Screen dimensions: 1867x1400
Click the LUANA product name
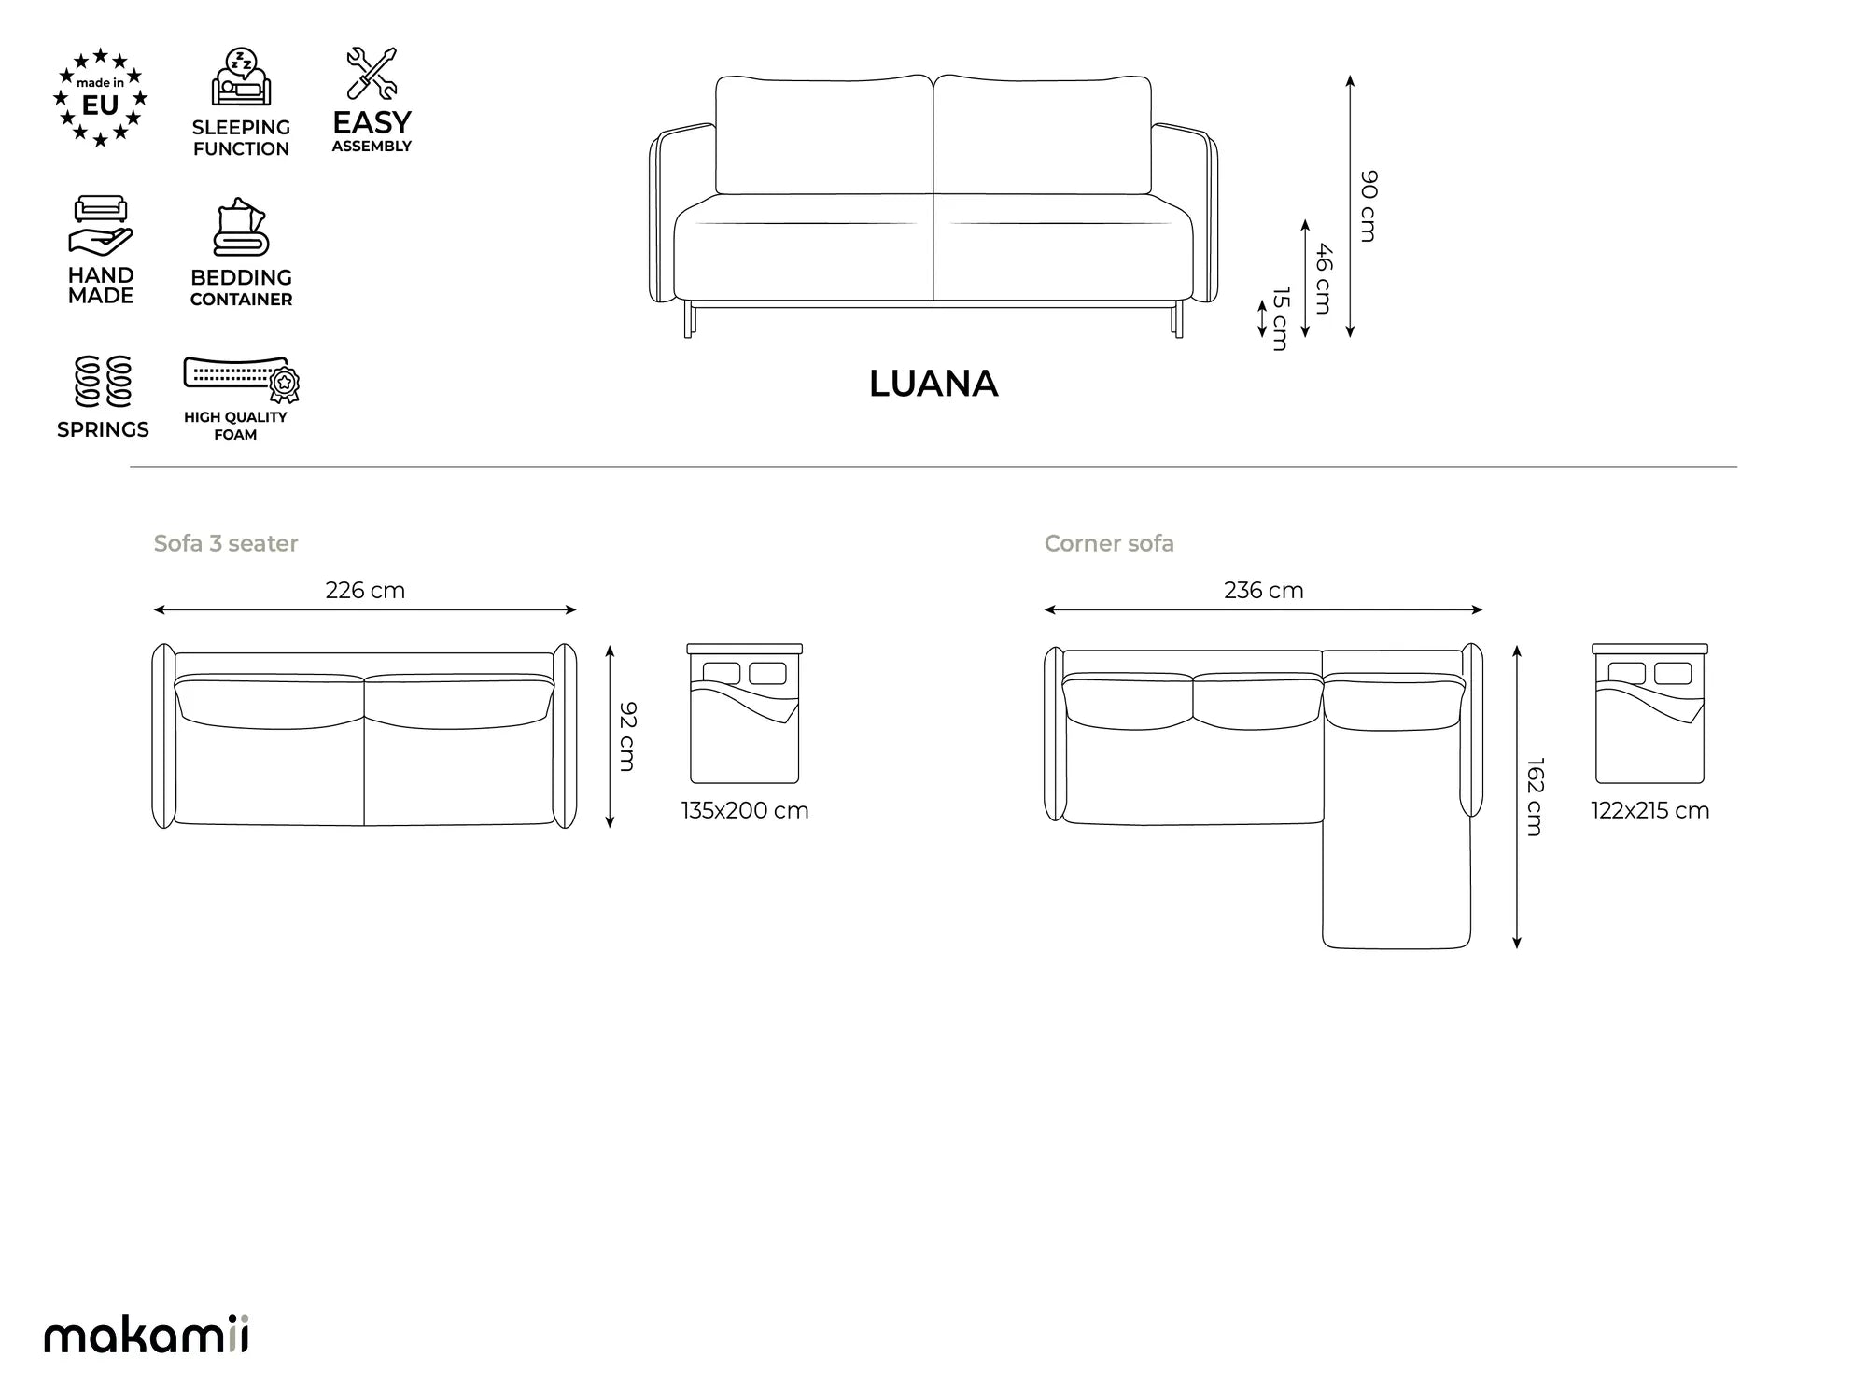pyautogui.click(x=933, y=384)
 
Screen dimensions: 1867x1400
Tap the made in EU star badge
pyautogui.click(x=101, y=98)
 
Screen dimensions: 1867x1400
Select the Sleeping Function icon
pyautogui.click(x=241, y=77)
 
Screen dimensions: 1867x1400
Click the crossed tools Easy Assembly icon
pyautogui.click(x=372, y=73)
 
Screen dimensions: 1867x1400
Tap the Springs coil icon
pyautogui.click(x=103, y=382)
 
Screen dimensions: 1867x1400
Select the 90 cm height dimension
pyautogui.click(x=1369, y=206)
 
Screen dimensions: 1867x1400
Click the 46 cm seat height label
pyautogui.click(x=1324, y=278)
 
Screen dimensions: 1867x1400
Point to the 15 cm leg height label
pyautogui.click(x=1281, y=318)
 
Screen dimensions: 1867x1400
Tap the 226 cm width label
pyautogui.click(x=365, y=590)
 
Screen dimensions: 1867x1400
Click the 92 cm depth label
pyautogui.click(x=628, y=736)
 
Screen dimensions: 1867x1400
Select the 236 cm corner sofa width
pyautogui.click(x=1264, y=590)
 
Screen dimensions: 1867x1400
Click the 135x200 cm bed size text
pyautogui.click(x=745, y=810)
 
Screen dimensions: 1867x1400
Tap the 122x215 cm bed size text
pyautogui.click(x=1650, y=810)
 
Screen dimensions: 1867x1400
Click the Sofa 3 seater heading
pyautogui.click(x=226, y=543)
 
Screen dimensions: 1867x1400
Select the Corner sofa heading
pyautogui.click(x=1109, y=543)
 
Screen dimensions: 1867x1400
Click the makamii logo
pyautogui.click(x=147, y=1334)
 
